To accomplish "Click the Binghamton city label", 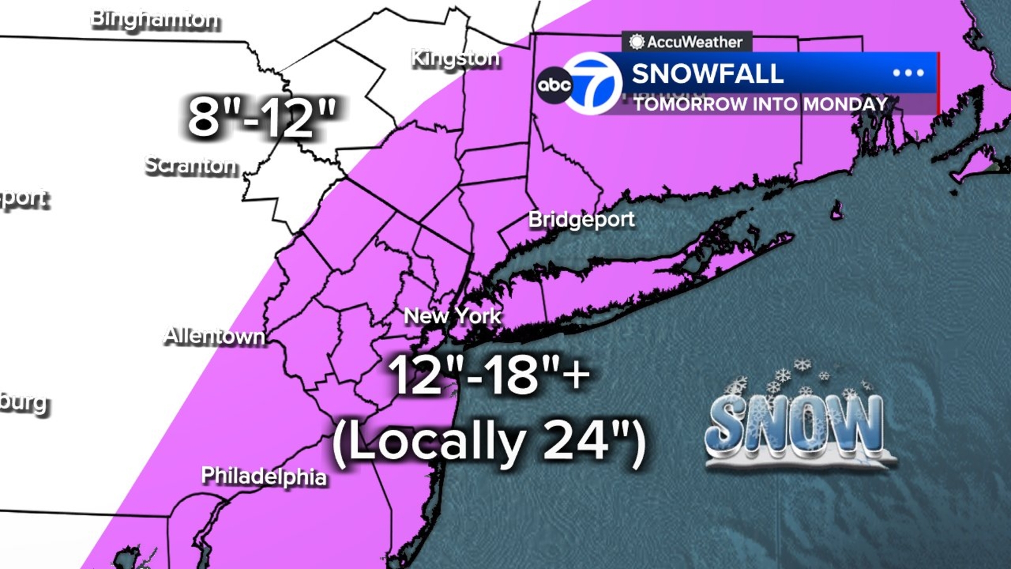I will click(155, 19).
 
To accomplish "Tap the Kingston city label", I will click(455, 58).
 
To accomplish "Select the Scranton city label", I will click(191, 165).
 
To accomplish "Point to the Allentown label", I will click(214, 336).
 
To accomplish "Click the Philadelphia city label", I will click(263, 475).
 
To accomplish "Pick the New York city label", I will click(452, 315).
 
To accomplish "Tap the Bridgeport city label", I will click(581, 219).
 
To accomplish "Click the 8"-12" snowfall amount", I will click(262, 117).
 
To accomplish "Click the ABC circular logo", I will click(554, 85).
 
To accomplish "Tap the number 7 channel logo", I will click(592, 83).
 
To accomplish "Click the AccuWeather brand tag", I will click(687, 42).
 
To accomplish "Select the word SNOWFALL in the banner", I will click(708, 73).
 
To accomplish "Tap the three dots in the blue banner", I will click(908, 73).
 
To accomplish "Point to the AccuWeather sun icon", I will click(636, 42).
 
